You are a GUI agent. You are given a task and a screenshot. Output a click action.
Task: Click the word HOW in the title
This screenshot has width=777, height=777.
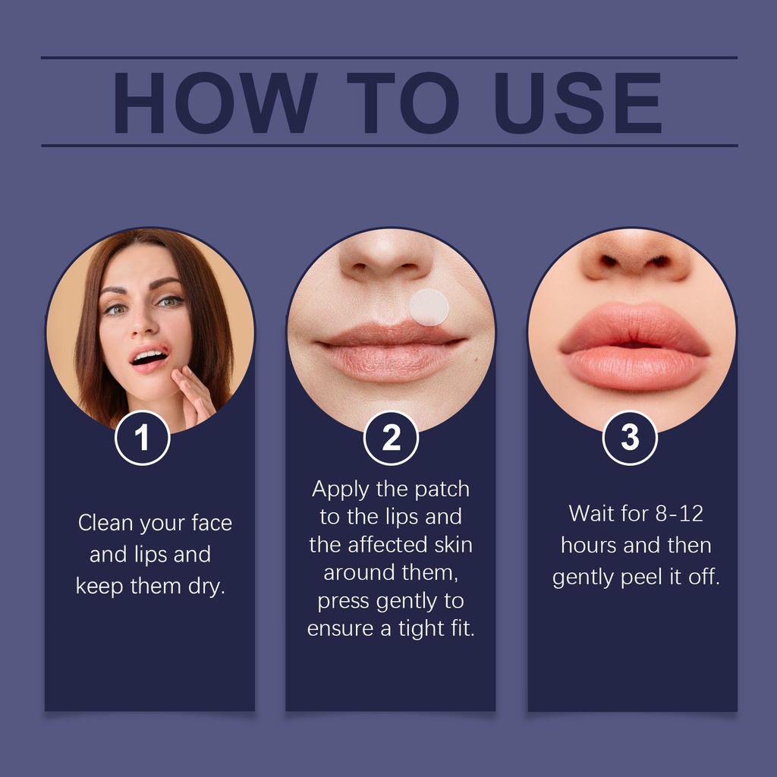[x=215, y=102]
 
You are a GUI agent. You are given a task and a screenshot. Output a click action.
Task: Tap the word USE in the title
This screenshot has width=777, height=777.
[x=578, y=102]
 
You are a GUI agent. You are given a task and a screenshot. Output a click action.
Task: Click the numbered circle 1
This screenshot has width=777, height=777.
[x=142, y=438]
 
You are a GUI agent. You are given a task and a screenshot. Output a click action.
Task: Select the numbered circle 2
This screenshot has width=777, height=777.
[x=391, y=438]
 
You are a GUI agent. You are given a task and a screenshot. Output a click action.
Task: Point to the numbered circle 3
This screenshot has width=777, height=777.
[x=630, y=438]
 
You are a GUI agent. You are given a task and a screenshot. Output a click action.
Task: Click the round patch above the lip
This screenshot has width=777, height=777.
[x=429, y=307]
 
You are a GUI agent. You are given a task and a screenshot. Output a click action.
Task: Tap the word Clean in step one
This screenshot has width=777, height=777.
[x=105, y=523]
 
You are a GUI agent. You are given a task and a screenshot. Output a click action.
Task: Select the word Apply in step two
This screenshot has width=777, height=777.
[x=341, y=489]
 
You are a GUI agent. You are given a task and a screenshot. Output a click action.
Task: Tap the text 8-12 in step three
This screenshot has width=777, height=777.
[x=679, y=514]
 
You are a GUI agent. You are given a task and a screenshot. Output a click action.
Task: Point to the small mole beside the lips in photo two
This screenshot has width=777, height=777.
[x=477, y=358]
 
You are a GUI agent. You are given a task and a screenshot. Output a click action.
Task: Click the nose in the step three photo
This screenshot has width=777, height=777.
[x=635, y=258]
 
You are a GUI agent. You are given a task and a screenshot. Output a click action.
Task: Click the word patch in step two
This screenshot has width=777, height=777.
[x=442, y=489]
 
